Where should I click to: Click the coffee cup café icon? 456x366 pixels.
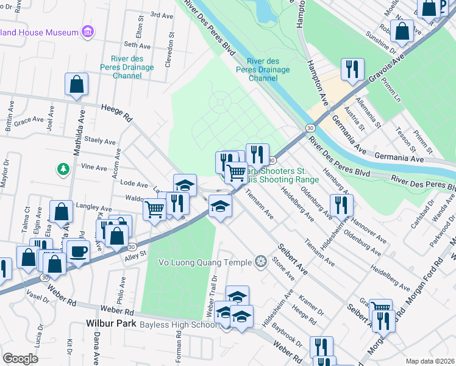pos(78,251)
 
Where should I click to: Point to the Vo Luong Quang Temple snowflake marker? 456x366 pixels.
pos(261,262)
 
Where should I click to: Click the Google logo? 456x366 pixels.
pos(20,358)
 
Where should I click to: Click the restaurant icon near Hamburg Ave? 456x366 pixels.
pos(341,205)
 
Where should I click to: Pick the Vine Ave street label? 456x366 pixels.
pos(94,167)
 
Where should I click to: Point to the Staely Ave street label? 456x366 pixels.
pos(100,141)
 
